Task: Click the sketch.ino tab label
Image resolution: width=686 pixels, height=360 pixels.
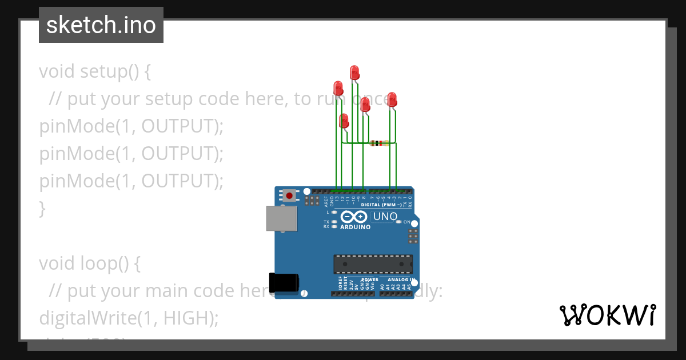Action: tap(101, 25)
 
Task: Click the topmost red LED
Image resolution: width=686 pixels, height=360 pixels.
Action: tap(354, 72)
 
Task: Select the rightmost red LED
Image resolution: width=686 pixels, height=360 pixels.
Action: tap(392, 99)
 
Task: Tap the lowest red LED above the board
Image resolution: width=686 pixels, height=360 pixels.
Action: tap(344, 121)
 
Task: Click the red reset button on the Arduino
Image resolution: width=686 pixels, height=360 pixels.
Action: tap(289, 195)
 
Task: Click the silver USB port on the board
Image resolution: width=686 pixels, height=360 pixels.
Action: tap(281, 218)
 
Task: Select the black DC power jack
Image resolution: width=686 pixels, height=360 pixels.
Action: tap(284, 283)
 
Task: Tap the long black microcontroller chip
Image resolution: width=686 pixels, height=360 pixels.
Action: tap(373, 264)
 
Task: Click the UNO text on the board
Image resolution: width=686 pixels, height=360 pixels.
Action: tap(385, 217)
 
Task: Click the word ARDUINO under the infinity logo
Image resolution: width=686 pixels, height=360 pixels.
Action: tap(355, 227)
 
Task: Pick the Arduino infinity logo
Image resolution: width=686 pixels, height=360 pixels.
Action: tap(354, 217)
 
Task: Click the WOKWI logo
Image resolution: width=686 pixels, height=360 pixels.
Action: tap(607, 315)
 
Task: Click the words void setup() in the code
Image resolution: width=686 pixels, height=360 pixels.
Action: tap(95, 72)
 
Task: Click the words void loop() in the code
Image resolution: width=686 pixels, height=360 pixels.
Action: tap(89, 263)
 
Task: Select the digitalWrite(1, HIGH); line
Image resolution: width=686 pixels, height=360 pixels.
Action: tap(129, 318)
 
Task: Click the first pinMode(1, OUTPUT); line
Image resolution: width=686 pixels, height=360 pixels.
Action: tap(131, 126)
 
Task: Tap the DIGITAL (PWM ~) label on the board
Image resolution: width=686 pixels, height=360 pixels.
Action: tap(381, 204)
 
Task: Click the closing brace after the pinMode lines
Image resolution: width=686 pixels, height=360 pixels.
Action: tap(42, 209)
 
